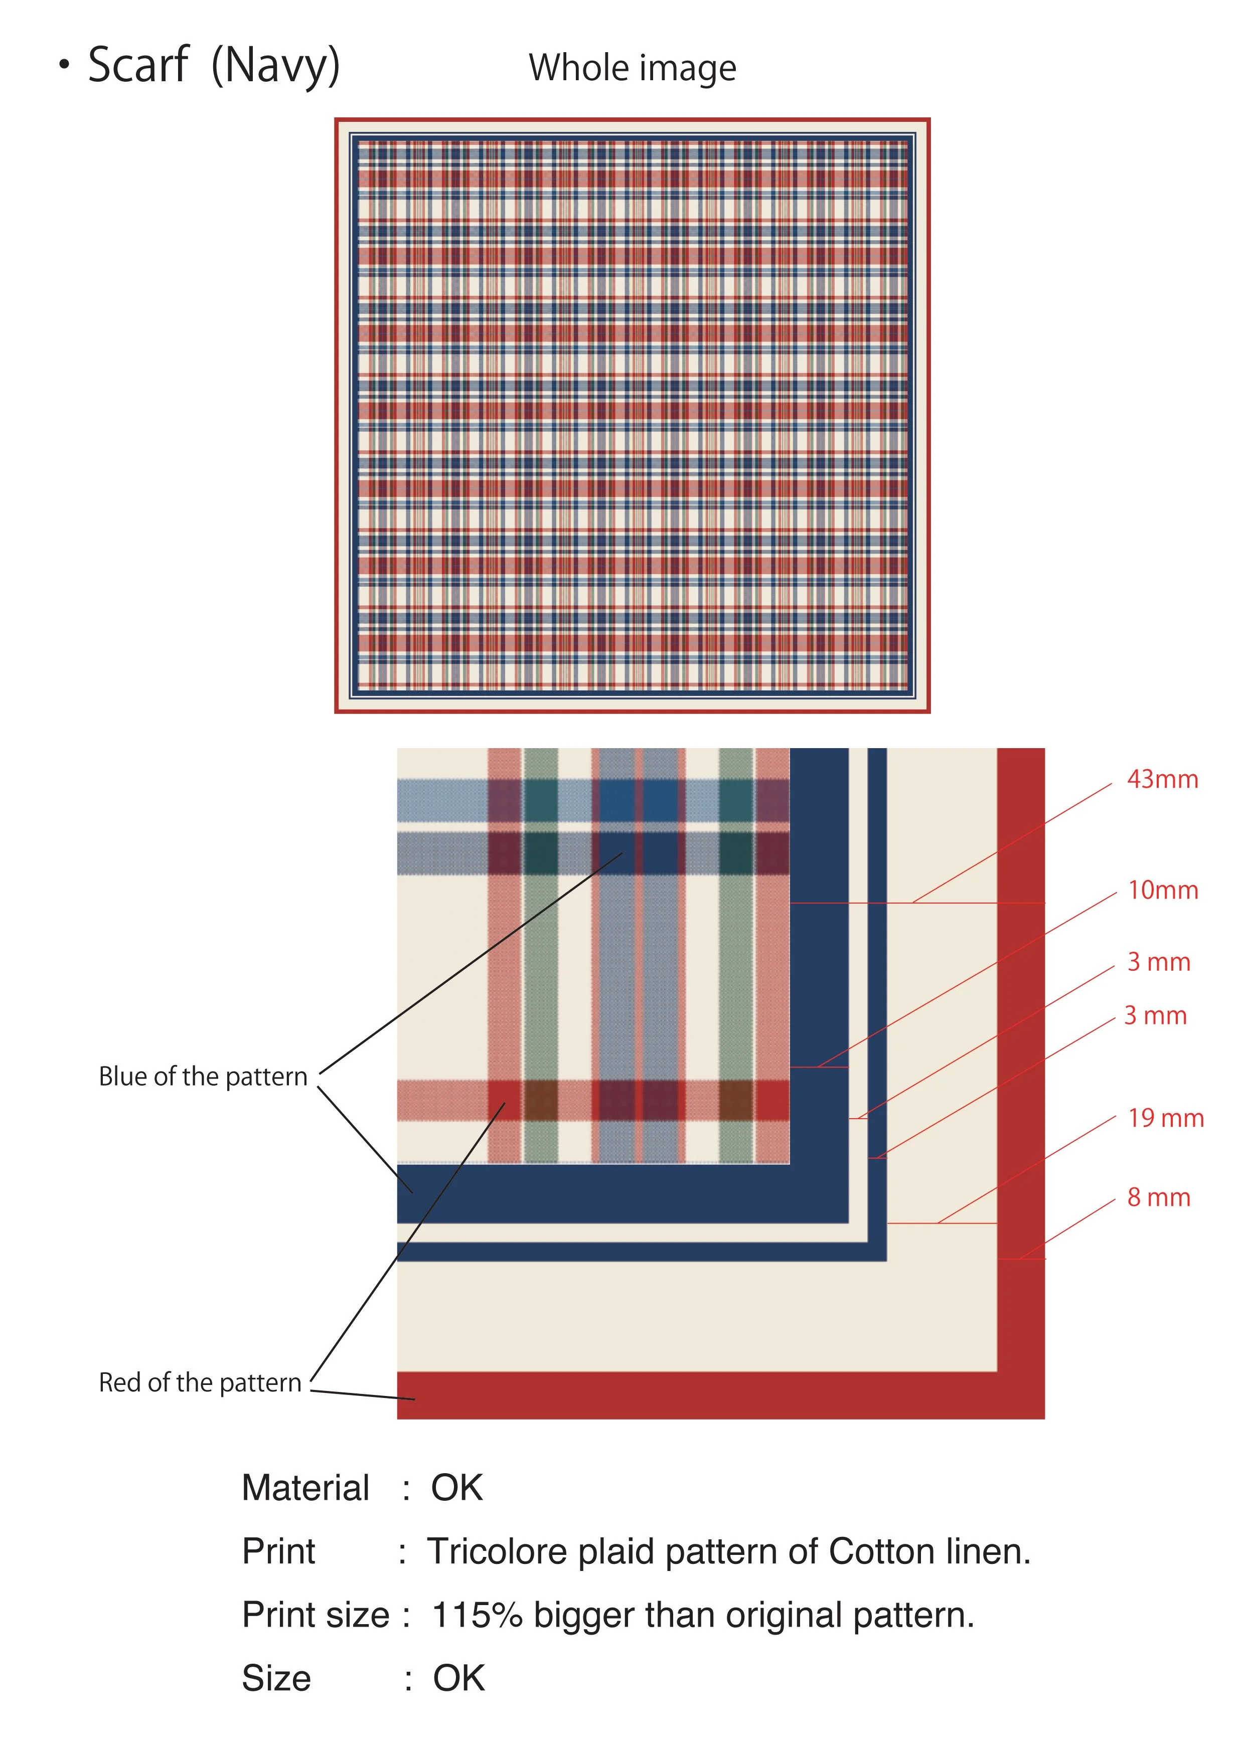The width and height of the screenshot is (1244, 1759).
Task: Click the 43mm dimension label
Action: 1162,779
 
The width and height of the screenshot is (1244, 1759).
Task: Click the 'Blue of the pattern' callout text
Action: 203,1077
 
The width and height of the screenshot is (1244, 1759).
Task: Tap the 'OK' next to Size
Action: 458,1679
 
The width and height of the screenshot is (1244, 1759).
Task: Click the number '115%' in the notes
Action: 477,1615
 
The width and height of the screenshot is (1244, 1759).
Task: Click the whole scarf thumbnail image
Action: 633,415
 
